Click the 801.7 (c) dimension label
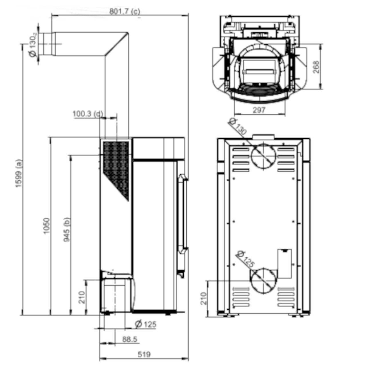click(x=125, y=11)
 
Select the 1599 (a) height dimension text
click(x=19, y=173)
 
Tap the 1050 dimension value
click(x=47, y=226)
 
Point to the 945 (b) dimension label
click(x=67, y=229)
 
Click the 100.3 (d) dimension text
click(x=88, y=114)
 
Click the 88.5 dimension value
click(x=130, y=339)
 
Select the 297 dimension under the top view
click(x=259, y=110)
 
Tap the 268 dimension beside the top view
click(x=316, y=67)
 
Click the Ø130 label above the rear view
click(x=238, y=126)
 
